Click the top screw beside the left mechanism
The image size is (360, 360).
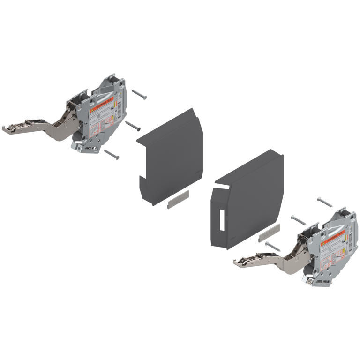[x=139, y=95]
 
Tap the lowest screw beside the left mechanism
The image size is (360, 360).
[x=111, y=154]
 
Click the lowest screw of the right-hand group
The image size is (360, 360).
[x=273, y=246]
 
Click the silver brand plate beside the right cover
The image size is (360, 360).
[x=269, y=232]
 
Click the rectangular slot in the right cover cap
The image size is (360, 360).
[x=220, y=220]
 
